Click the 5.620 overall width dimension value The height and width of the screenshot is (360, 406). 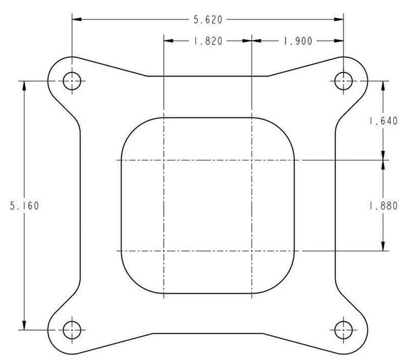pyautogui.click(x=207, y=20)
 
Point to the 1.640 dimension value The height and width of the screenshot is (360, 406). pyautogui.click(x=383, y=121)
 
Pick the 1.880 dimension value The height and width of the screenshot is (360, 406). pyautogui.click(x=383, y=206)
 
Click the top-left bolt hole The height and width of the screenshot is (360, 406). pyautogui.click(x=72, y=80)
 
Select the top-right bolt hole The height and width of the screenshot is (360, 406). pyautogui.click(x=343, y=80)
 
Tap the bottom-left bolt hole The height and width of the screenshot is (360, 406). pyautogui.click(x=72, y=329)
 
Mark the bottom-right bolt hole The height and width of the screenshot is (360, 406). pyautogui.click(x=343, y=329)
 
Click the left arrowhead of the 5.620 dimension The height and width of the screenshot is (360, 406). pyautogui.click(x=76, y=20)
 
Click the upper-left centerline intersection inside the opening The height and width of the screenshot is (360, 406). pyautogui.click(x=163, y=160)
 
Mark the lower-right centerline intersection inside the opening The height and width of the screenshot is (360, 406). pyautogui.click(x=251, y=251)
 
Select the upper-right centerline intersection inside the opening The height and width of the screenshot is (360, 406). pyautogui.click(x=251, y=160)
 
